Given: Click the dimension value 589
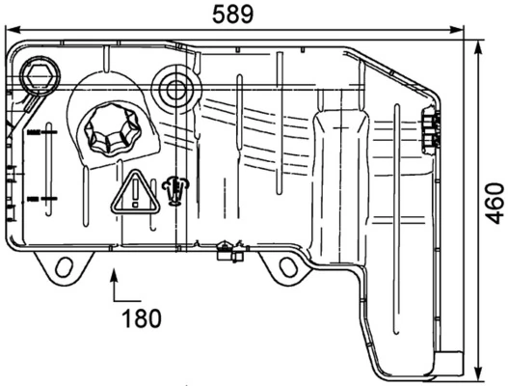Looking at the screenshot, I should pyautogui.click(x=232, y=14).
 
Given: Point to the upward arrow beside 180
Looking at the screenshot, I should pyautogui.click(x=117, y=283).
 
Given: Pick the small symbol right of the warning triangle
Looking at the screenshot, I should pyautogui.click(x=174, y=190).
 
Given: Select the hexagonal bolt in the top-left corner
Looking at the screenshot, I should pyautogui.click(x=43, y=76).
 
